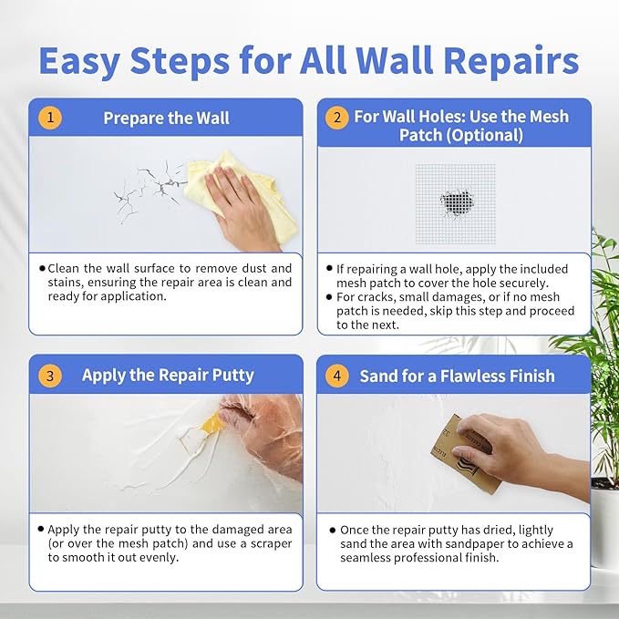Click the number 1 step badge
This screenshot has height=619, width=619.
click(x=50, y=118)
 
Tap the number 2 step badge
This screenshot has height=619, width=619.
click(x=337, y=118)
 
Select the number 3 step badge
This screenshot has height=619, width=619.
click(x=50, y=375)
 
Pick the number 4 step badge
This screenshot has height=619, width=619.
click(x=337, y=375)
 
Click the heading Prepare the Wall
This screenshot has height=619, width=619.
click(x=166, y=118)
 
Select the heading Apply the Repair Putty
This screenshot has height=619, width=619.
click(x=168, y=375)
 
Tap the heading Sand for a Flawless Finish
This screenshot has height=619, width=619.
click(x=457, y=375)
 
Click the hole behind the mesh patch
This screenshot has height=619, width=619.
click(x=455, y=201)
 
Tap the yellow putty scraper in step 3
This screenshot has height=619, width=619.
click(x=211, y=422)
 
